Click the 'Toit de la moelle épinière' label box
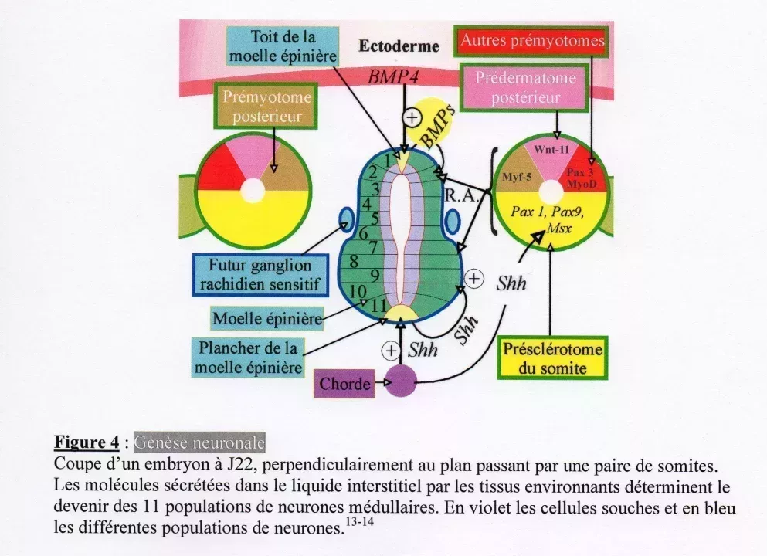click(283, 46)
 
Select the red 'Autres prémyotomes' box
click(532, 41)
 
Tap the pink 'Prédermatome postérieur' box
click(525, 88)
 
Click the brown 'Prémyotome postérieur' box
click(267, 107)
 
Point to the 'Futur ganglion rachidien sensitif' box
click(259, 274)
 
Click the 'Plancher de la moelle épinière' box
click(248, 358)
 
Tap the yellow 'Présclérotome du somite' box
click(552, 358)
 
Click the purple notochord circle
click(400, 381)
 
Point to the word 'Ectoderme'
click(399, 46)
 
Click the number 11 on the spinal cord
click(378, 304)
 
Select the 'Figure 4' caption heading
click(86, 442)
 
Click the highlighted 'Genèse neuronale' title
click(199, 442)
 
